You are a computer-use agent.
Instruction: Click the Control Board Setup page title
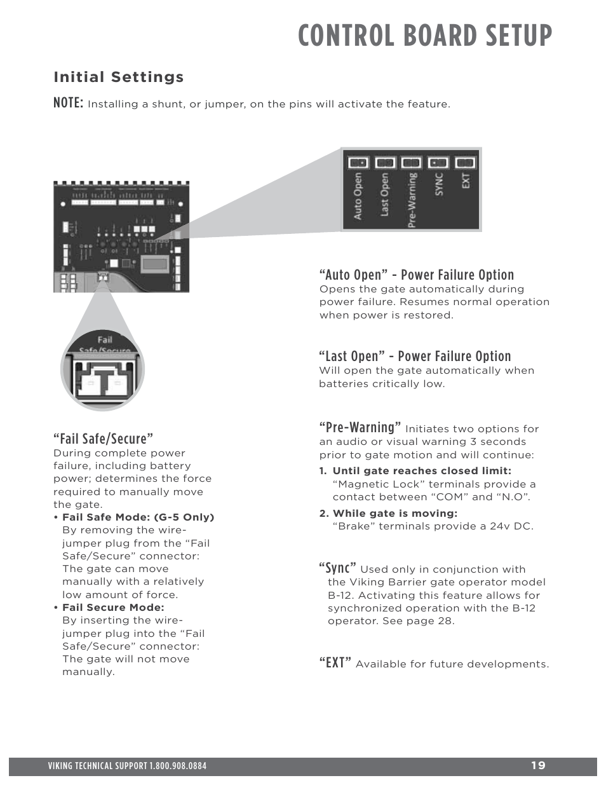(425, 36)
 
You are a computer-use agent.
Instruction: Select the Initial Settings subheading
(119, 77)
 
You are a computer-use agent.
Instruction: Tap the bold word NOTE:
(68, 102)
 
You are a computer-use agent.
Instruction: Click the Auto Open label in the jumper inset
(358, 196)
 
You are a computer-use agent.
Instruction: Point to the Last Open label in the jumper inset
(384, 195)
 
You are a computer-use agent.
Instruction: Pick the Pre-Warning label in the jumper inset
(412, 200)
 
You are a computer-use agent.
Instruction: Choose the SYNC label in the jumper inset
(439, 184)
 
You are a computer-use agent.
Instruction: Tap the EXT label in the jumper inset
(466, 181)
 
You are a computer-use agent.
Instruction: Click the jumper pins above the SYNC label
(438, 163)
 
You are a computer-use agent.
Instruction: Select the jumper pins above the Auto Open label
(358, 163)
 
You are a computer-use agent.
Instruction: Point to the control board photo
(121, 236)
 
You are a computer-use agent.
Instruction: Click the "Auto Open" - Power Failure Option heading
(417, 275)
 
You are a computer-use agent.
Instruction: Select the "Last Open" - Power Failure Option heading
(415, 356)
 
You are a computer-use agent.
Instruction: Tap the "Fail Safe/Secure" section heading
(104, 438)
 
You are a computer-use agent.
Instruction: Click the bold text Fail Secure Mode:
(113, 608)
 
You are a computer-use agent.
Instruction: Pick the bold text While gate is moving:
(394, 513)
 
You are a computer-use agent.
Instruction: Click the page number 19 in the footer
(538, 765)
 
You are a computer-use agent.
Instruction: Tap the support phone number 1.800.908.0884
(178, 766)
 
